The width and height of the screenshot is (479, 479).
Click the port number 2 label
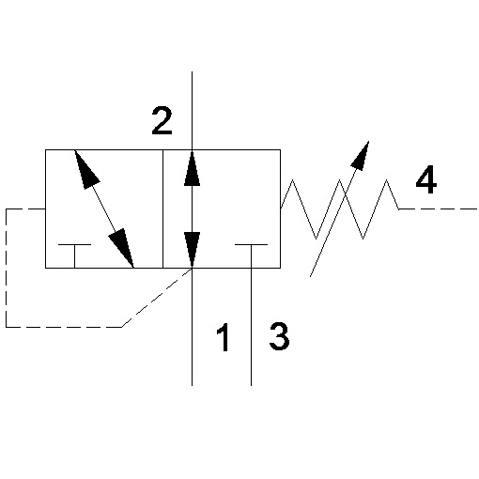(x=162, y=121)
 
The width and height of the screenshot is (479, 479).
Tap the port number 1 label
(x=224, y=337)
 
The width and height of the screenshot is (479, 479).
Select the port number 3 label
(x=279, y=336)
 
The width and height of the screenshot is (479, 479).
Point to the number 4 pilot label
(x=426, y=179)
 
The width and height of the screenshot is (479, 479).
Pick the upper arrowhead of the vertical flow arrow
(x=192, y=168)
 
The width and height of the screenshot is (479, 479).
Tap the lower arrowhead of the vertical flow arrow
(x=192, y=250)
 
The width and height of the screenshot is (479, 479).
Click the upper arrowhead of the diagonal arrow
(x=85, y=169)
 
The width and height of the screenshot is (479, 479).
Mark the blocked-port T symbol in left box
(x=74, y=255)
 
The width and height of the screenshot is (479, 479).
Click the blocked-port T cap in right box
(x=251, y=244)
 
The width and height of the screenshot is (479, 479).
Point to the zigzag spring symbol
(x=340, y=209)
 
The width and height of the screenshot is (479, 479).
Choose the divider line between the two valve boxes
(x=162, y=209)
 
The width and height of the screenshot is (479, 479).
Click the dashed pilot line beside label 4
(x=439, y=209)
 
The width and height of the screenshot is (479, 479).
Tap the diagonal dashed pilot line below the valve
(x=157, y=298)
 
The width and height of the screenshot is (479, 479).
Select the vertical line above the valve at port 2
(x=192, y=111)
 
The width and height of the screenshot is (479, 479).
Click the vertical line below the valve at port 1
(x=192, y=327)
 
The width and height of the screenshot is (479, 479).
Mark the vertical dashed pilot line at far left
(x=7, y=268)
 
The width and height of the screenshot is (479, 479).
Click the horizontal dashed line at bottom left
(x=64, y=327)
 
